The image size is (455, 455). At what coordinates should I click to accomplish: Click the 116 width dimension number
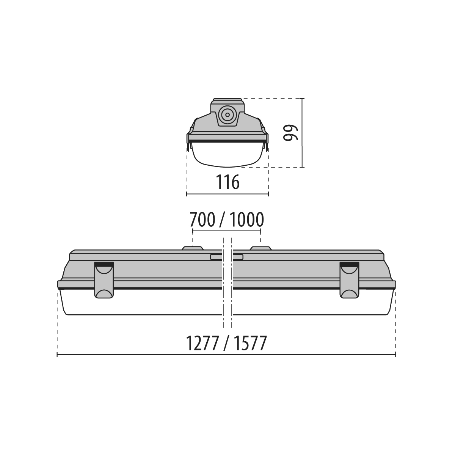[x=227, y=182]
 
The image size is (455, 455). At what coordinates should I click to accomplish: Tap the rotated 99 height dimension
[x=291, y=133]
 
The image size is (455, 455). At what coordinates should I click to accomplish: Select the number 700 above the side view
[x=202, y=220]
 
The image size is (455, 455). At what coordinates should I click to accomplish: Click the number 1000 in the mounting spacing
[x=246, y=220]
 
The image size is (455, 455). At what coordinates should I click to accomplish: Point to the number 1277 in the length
[x=202, y=343]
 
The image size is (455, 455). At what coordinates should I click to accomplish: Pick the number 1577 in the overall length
[x=251, y=343]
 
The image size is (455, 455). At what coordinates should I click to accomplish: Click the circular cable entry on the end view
[x=227, y=115]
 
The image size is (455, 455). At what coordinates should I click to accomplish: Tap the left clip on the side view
[x=104, y=280]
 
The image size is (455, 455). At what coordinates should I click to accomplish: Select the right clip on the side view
[x=349, y=280]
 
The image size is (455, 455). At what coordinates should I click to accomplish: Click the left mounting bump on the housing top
[x=193, y=248]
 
